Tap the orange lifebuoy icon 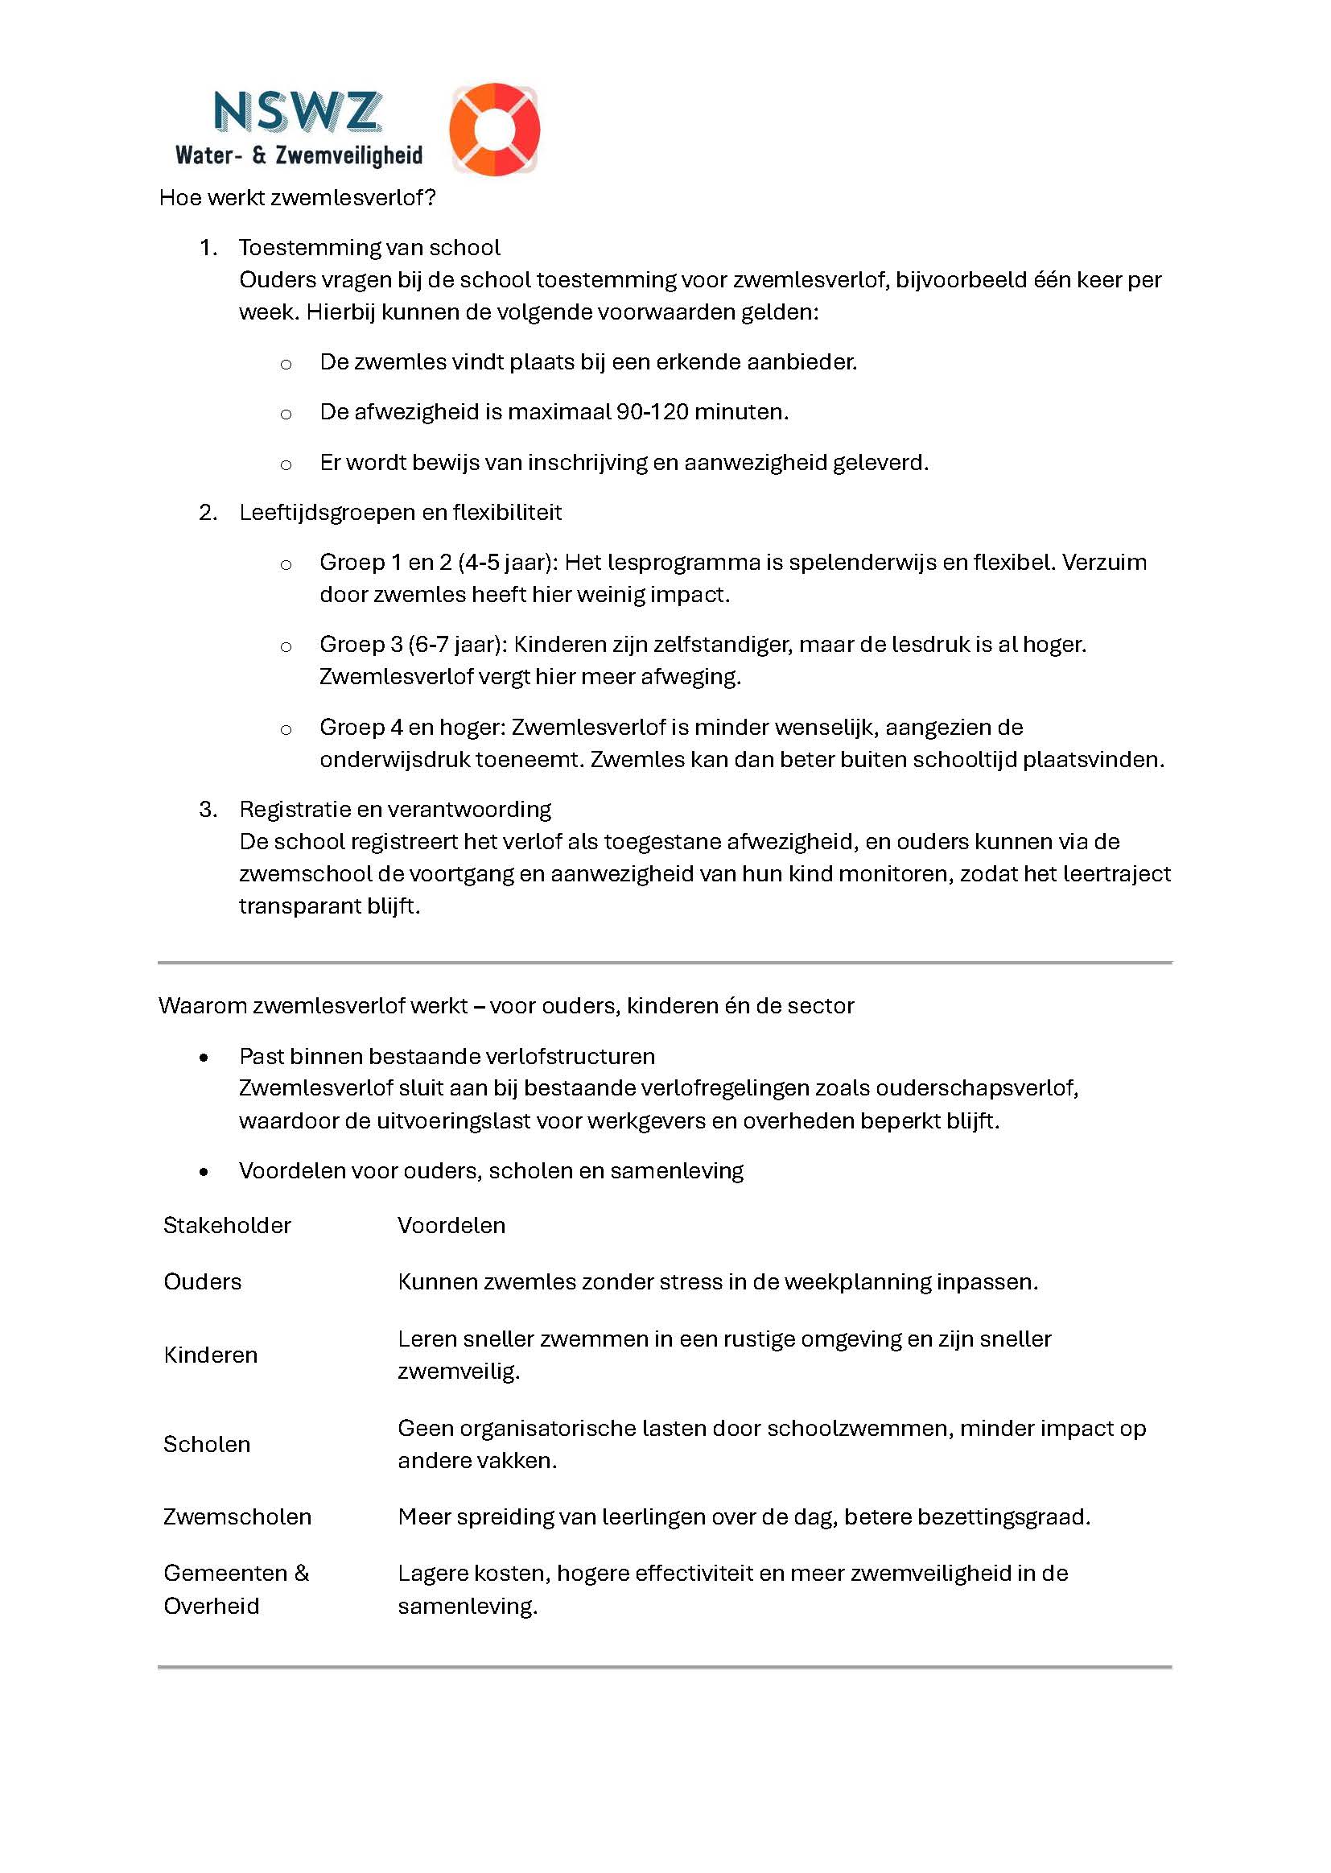pos(494,129)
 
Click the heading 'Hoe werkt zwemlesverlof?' pos(297,197)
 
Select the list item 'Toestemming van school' pos(369,248)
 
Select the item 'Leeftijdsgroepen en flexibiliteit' pos(400,512)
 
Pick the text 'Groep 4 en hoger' pos(411,727)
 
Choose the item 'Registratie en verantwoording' pos(395,809)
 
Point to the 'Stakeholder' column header pos(227,1225)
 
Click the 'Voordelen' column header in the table pos(451,1225)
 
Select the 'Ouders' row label pos(203,1282)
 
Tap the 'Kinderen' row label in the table pos(211,1355)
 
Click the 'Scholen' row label pos(207,1444)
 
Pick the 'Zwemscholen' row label pos(237,1517)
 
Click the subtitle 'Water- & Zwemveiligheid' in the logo pos(299,155)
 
